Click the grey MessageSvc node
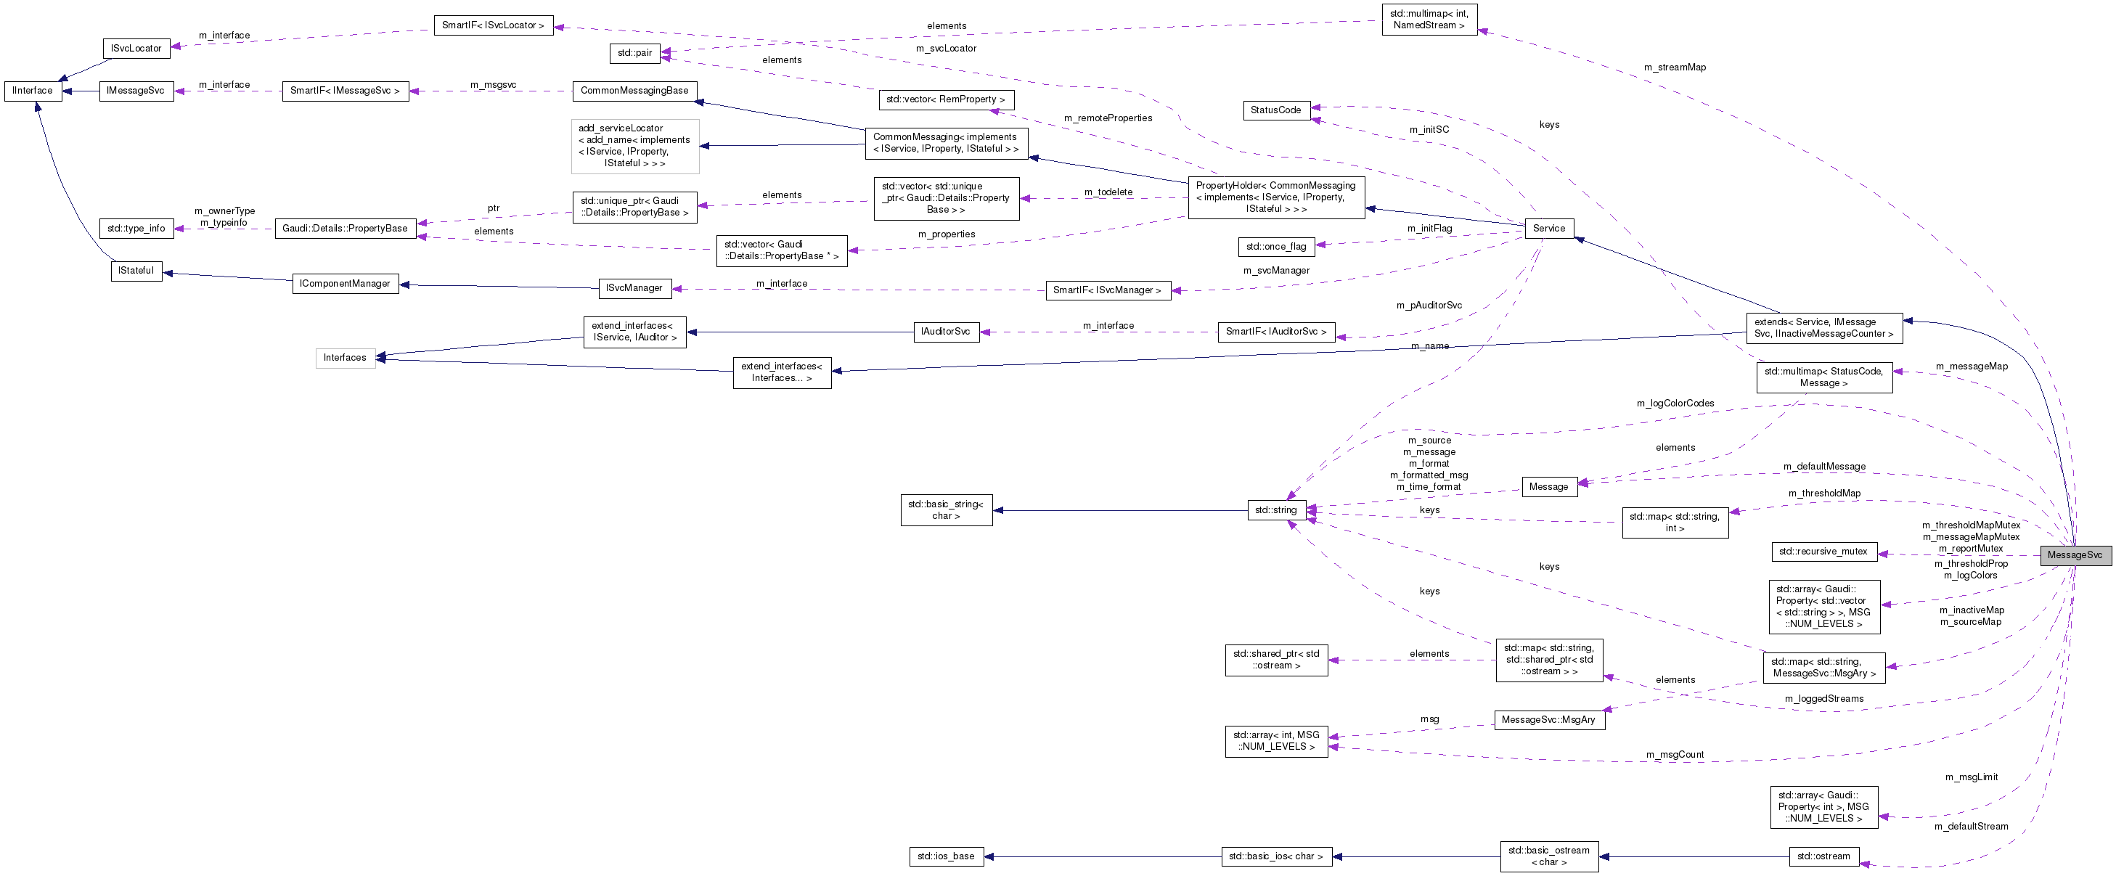[x=2074, y=555]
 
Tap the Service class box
[x=1548, y=228]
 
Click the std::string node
[x=1275, y=509]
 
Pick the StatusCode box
[x=1275, y=110]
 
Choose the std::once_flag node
[x=1275, y=246]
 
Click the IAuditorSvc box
[x=945, y=332]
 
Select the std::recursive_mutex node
[x=1823, y=552]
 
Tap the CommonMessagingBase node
[x=634, y=90]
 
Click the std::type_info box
[x=136, y=228]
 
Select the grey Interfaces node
[x=345, y=358]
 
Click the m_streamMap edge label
[x=1674, y=67]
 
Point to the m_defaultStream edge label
[x=1971, y=826]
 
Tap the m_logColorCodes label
[x=1675, y=403]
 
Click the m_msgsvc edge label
[x=493, y=85]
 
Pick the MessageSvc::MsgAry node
[x=1548, y=720]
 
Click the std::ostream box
[x=1823, y=856]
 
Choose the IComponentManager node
[x=345, y=284]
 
